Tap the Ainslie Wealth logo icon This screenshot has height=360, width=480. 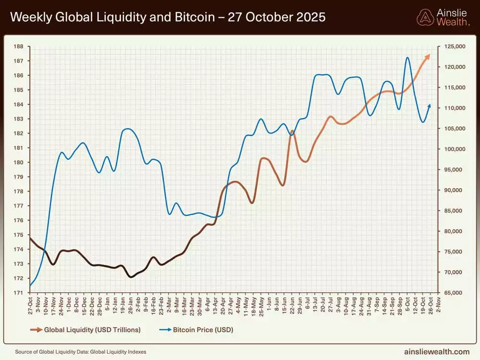point(425,17)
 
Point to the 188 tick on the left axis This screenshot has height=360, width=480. point(19,47)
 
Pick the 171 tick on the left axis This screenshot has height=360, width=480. point(19,293)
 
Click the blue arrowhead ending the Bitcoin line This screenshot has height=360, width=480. point(429,106)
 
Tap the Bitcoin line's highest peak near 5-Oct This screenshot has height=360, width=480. point(407,58)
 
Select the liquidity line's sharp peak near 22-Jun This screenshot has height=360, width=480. point(292,131)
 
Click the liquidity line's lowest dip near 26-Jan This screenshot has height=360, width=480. point(131,277)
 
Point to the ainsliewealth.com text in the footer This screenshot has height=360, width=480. point(437,352)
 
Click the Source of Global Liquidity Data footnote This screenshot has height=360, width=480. point(81,352)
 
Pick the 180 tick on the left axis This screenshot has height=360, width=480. point(19,162)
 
